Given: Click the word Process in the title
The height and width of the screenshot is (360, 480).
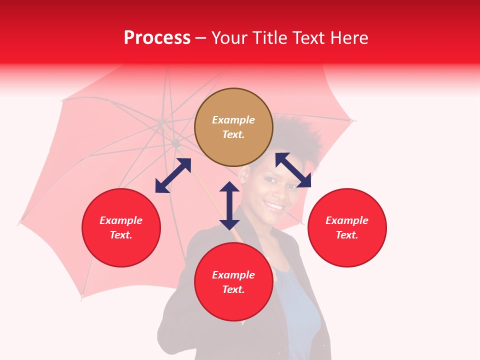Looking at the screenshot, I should [x=157, y=38].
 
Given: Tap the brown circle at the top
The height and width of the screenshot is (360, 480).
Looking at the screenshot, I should [x=233, y=127].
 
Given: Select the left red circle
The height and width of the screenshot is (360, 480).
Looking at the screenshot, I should [x=121, y=227].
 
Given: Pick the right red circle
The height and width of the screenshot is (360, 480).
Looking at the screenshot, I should [x=347, y=227].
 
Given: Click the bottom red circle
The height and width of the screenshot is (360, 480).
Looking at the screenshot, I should [x=233, y=282].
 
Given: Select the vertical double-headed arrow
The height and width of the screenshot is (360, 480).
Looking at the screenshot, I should [x=229, y=205].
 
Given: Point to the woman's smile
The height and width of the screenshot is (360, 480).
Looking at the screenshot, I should [x=274, y=205].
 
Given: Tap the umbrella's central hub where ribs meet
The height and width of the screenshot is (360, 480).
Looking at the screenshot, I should [x=176, y=144].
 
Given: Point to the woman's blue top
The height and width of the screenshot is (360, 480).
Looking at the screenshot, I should [x=300, y=310].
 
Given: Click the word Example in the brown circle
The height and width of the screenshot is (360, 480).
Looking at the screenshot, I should [x=233, y=120].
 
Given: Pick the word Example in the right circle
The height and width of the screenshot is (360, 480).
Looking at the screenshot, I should [x=347, y=220].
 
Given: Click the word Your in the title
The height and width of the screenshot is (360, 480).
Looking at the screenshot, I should [x=229, y=38].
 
